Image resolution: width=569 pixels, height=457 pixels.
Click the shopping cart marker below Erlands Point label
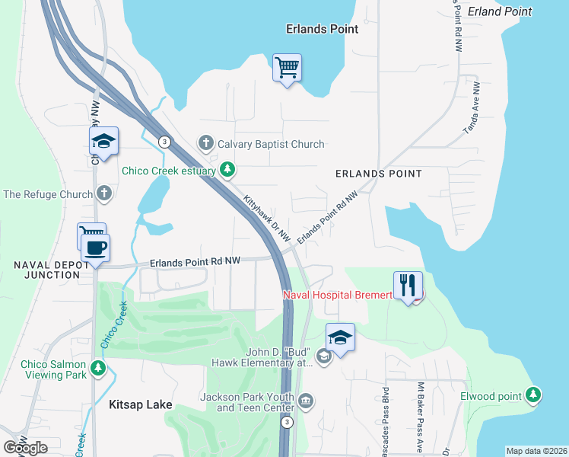point(287,68)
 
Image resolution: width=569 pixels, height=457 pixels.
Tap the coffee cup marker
point(96,248)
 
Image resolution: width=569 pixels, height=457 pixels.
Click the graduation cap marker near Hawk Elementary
point(340,338)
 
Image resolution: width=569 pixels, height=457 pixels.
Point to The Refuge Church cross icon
point(104,193)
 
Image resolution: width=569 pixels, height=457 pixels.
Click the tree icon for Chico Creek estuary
point(227,170)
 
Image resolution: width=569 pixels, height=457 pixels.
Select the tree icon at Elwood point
point(534,395)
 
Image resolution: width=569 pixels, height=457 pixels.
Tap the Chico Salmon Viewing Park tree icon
point(97,369)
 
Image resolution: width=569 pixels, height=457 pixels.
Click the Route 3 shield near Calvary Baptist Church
point(164,141)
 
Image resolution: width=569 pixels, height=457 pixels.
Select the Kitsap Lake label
point(140,404)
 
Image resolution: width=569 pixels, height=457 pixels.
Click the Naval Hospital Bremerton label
point(337,294)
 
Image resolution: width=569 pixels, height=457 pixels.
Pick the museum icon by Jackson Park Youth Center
point(306,401)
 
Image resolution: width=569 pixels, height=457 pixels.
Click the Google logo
point(26,447)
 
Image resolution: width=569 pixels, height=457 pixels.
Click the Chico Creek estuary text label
point(170,170)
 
